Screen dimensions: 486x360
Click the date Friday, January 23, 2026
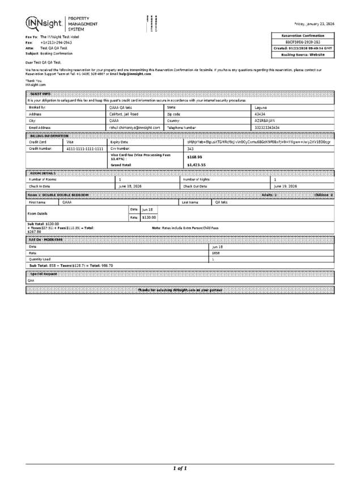(x=314, y=24)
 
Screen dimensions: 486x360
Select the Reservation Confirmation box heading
(x=303, y=36)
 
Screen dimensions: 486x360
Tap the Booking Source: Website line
(x=303, y=55)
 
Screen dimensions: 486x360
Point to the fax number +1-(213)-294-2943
(x=56, y=43)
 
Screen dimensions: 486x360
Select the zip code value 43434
(x=260, y=113)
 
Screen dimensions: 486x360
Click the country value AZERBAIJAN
(x=265, y=120)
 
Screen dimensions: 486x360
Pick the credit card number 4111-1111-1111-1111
(x=84, y=149)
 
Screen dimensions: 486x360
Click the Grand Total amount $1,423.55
(x=196, y=165)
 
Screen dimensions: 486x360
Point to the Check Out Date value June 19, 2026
(x=285, y=185)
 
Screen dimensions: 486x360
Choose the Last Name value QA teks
(x=221, y=201)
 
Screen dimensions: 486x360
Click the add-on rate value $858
(x=215, y=253)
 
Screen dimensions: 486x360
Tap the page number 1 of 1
(x=180, y=468)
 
